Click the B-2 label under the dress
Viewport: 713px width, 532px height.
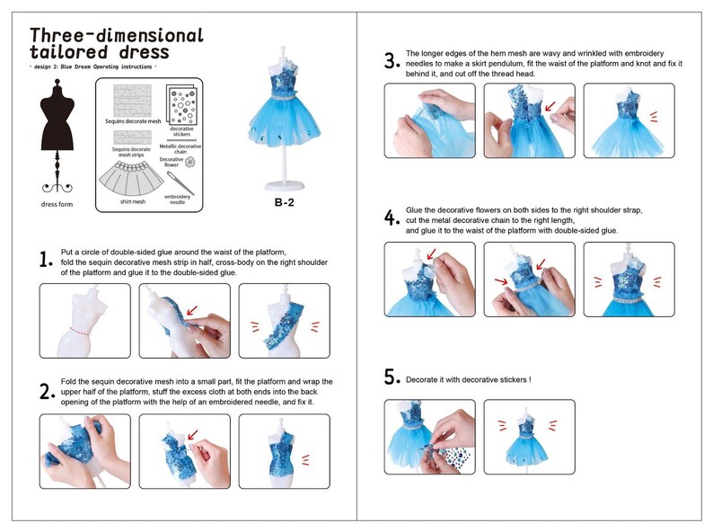tap(285, 203)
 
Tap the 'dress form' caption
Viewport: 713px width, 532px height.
tap(57, 205)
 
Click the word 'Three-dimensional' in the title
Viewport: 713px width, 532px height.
tap(117, 35)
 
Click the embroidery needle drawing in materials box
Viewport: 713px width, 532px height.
tap(175, 184)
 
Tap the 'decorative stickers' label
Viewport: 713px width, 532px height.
tap(181, 132)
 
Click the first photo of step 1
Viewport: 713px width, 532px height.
tap(84, 321)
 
